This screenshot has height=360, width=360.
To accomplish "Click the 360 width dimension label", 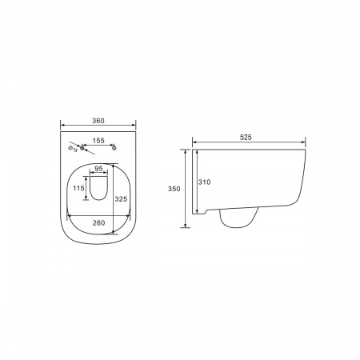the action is pyautogui.click(x=98, y=121).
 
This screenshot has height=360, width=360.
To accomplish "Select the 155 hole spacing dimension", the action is pyautogui.click(x=98, y=141).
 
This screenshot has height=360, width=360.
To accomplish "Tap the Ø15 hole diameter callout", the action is pyautogui.click(x=73, y=149).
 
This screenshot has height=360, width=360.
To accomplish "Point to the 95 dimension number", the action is pyautogui.click(x=98, y=169).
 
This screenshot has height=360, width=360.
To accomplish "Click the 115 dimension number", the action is pyautogui.click(x=78, y=188).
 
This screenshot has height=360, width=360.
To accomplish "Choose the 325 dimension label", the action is pyautogui.click(x=121, y=199).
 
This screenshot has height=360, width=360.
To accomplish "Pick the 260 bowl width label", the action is pyautogui.click(x=98, y=222).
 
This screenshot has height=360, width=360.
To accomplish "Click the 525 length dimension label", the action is pyautogui.click(x=246, y=138).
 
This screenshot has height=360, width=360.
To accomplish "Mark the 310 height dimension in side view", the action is pyautogui.click(x=204, y=182).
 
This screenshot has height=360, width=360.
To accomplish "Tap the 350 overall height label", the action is pyautogui.click(x=174, y=189).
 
